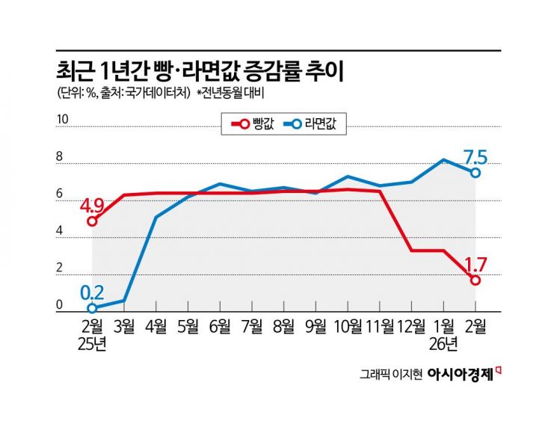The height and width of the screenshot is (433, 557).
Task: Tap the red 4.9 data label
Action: [x=93, y=203]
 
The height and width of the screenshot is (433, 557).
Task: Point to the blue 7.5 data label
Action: [x=476, y=157]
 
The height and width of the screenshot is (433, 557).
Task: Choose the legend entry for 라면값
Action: [x=313, y=125]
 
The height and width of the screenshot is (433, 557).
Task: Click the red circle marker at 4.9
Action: [x=92, y=221]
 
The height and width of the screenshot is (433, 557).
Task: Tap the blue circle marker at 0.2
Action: [x=92, y=307]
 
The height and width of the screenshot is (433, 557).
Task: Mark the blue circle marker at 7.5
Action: [x=476, y=173]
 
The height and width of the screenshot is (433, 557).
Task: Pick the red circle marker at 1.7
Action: [x=476, y=280]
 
